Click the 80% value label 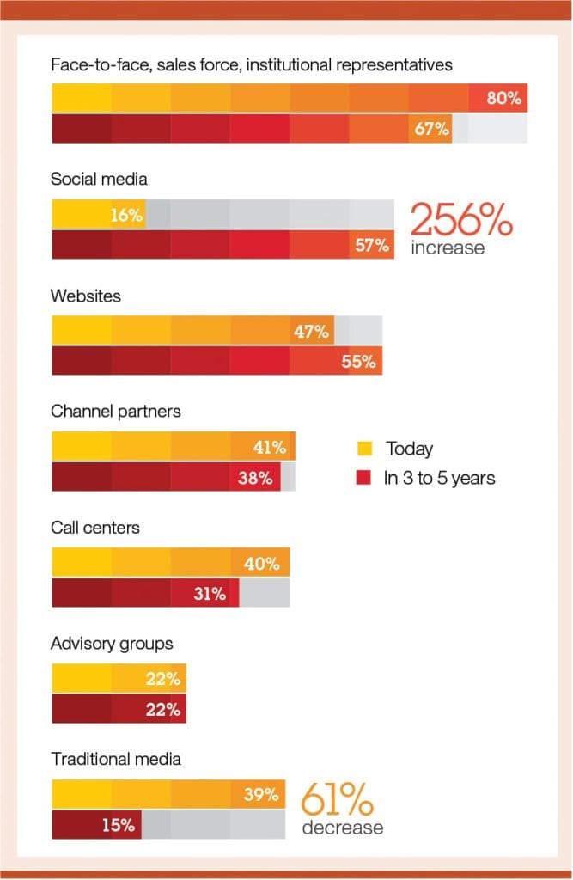tap(504, 98)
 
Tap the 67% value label tap(431, 129)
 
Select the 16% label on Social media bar tap(125, 215)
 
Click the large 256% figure tap(460, 220)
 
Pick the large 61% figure tap(337, 801)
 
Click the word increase tap(447, 248)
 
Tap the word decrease tap(342, 828)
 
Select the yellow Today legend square tap(364, 449)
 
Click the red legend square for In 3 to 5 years tap(364, 478)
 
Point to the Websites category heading tap(86, 296)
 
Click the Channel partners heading tap(116, 412)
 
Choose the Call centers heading tap(94, 528)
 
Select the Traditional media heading tap(116, 759)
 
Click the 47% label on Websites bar tap(311, 332)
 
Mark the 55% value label tap(359, 362)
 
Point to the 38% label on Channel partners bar tap(256, 478)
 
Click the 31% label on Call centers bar tap(209, 594)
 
